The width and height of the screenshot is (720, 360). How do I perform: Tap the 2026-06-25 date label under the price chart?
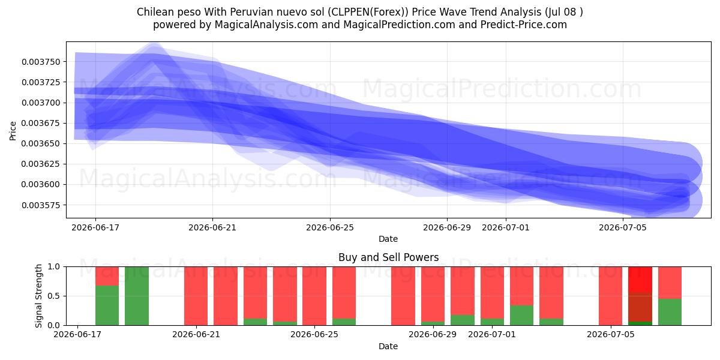pyautogui.click(x=330, y=227)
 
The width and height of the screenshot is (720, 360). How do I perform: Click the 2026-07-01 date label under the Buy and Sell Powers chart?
pyautogui.click(x=492, y=334)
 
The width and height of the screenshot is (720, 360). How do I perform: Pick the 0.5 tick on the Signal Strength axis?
pyautogui.click(x=53, y=296)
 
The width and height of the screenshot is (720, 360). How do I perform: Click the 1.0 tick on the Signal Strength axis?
pyautogui.click(x=53, y=266)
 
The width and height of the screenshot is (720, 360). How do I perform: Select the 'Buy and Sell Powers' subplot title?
pyautogui.click(x=388, y=257)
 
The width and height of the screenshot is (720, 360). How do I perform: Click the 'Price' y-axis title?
pyautogui.click(x=13, y=131)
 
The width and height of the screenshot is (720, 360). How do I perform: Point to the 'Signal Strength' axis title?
pyautogui.click(x=38, y=296)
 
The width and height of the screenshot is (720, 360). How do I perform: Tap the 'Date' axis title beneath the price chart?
pyautogui.click(x=388, y=239)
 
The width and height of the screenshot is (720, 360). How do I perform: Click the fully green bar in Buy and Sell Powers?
pyautogui.click(x=137, y=296)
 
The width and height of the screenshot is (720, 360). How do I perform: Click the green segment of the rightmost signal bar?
pyautogui.click(x=670, y=312)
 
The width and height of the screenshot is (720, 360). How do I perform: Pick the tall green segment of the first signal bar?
pyautogui.click(x=107, y=305)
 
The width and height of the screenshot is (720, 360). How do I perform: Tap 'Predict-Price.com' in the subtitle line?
pyautogui.click(x=523, y=25)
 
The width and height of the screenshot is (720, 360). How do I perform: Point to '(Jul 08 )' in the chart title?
pyautogui.click(x=564, y=12)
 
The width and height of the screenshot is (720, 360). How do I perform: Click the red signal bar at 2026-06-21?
pyautogui.click(x=196, y=296)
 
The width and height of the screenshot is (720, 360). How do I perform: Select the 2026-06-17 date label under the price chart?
pyautogui.click(x=95, y=227)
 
